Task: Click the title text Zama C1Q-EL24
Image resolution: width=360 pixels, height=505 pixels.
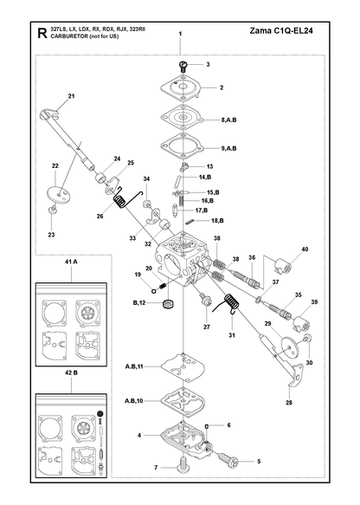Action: click(x=281, y=30)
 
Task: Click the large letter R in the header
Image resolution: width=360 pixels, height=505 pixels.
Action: click(x=42, y=33)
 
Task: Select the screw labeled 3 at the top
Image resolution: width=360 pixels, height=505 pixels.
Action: click(x=183, y=66)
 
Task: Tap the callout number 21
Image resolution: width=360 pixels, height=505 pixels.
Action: click(x=72, y=95)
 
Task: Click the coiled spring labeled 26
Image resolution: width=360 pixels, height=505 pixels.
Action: click(x=121, y=202)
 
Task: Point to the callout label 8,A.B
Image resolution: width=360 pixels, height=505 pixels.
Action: click(x=228, y=120)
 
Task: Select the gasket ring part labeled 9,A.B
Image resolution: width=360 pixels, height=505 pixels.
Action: click(x=183, y=146)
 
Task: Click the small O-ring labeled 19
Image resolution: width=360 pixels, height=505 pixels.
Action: click(x=154, y=290)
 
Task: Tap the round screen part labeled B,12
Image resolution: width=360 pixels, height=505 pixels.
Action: click(x=168, y=304)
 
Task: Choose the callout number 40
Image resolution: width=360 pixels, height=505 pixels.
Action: click(x=305, y=249)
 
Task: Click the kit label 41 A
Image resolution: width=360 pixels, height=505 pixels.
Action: click(x=71, y=262)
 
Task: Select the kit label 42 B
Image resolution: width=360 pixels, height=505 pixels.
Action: click(x=71, y=372)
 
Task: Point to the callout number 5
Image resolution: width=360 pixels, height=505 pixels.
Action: click(x=259, y=461)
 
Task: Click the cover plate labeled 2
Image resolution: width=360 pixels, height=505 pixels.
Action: click(x=182, y=87)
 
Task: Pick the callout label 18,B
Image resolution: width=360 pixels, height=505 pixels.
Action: click(x=217, y=221)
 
